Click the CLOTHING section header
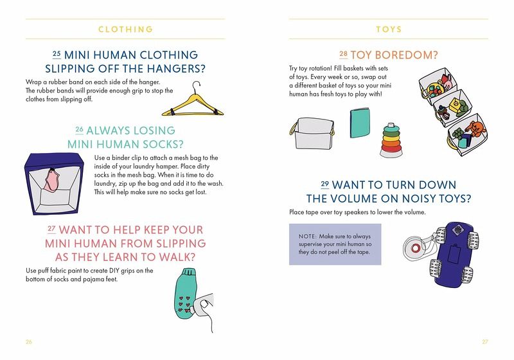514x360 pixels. coord(126,29)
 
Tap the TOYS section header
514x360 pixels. coord(389,29)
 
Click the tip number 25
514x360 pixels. coord(57,53)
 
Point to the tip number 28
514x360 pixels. coord(343,53)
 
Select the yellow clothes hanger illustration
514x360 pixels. coord(193,104)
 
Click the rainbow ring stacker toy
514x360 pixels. coord(391,140)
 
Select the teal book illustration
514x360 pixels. coord(360,123)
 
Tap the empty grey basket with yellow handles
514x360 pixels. coord(312,134)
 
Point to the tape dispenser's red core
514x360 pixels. coord(415,248)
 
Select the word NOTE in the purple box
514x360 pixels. coord(308,237)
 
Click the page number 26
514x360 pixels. coord(29,341)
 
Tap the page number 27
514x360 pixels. coord(485,341)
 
